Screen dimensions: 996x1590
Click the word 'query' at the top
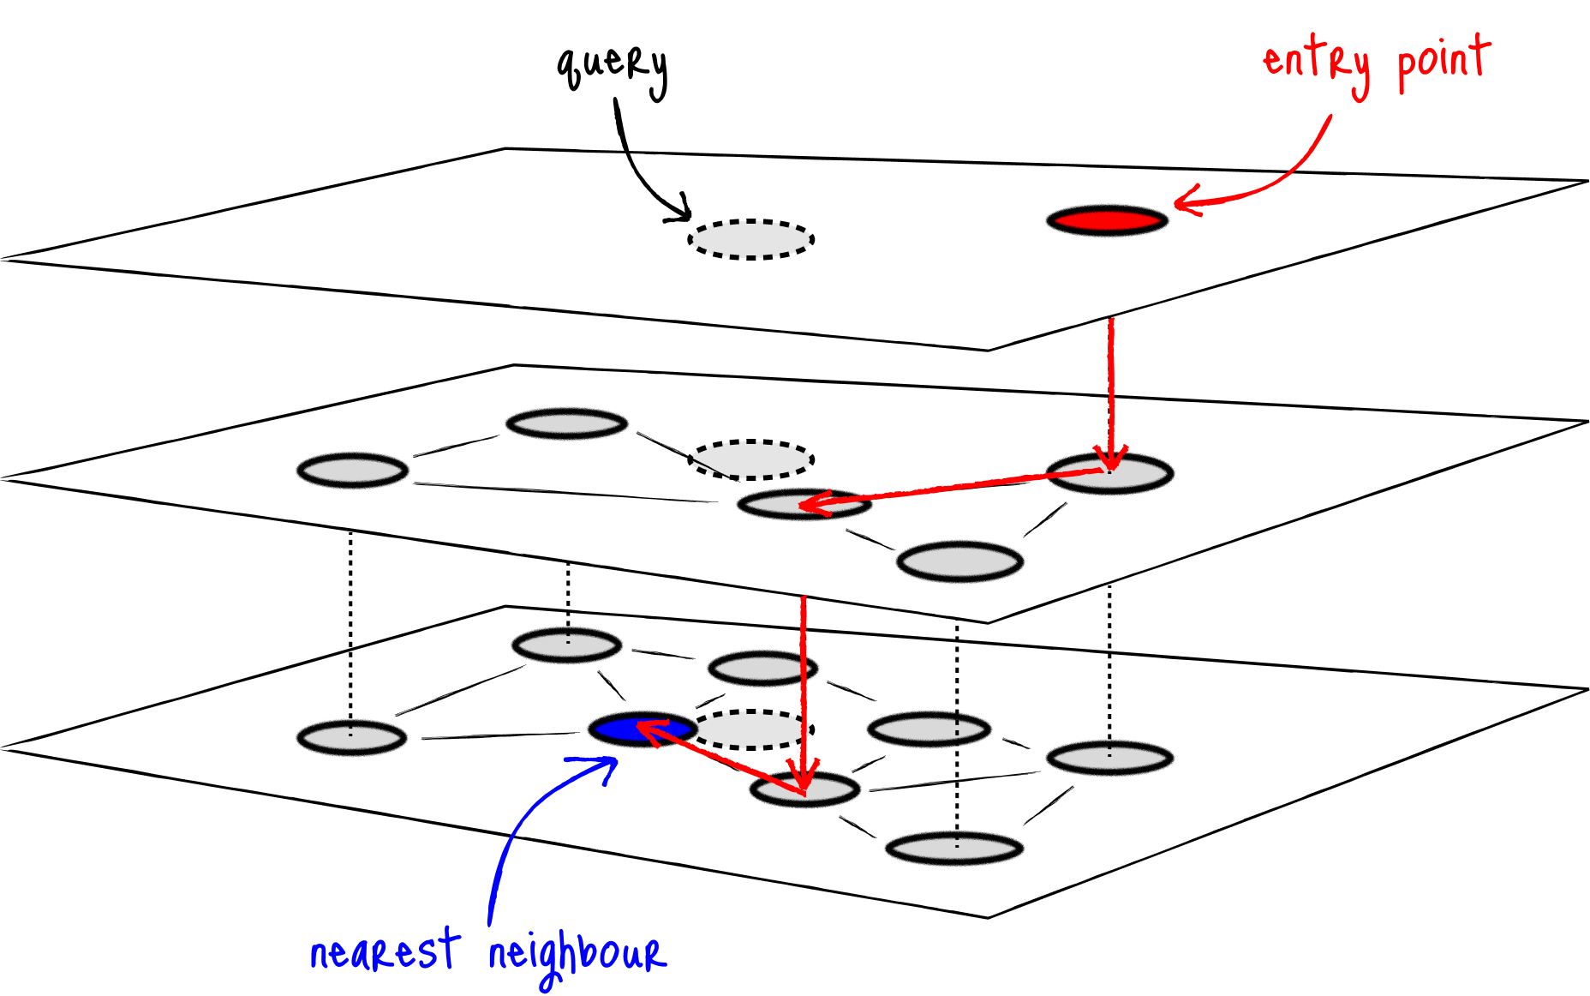(612, 67)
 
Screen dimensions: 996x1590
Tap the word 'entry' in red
(1317, 62)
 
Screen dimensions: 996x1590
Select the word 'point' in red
(1444, 60)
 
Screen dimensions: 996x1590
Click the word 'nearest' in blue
(384, 951)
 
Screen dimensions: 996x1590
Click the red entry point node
(1107, 220)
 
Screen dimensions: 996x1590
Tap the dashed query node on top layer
(750, 239)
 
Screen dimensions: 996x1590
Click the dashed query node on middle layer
(751, 459)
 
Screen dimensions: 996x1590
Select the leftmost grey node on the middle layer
(352, 471)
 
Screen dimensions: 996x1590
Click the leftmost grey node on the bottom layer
(351, 738)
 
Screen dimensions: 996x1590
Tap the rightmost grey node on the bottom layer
(1109, 758)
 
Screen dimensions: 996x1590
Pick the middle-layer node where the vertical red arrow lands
(1109, 473)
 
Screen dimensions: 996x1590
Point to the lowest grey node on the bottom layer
(953, 849)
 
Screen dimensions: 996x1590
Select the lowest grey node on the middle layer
(959, 562)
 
